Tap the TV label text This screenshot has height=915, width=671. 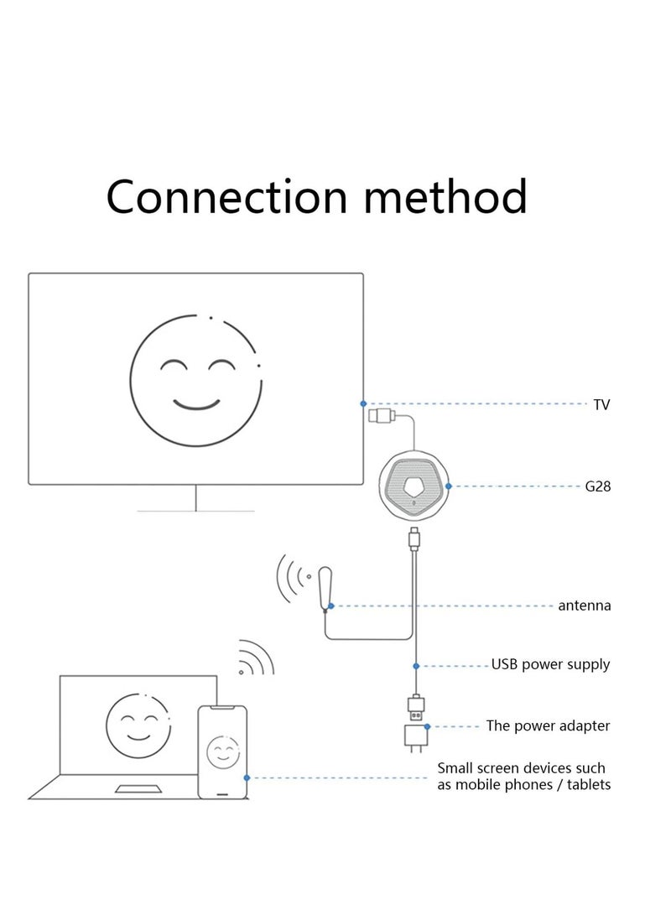(601, 405)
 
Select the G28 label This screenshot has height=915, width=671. (598, 486)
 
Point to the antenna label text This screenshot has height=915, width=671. (585, 605)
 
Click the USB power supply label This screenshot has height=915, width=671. (551, 665)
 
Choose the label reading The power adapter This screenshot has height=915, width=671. (549, 725)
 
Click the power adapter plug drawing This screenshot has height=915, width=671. (416, 738)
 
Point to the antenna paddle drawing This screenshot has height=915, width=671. (328, 585)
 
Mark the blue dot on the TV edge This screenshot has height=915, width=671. (363, 403)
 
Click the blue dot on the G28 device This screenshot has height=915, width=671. (449, 486)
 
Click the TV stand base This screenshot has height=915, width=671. (195, 510)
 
